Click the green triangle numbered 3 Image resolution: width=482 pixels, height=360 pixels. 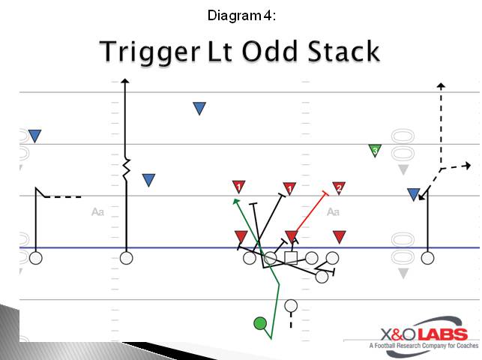(x=375, y=151)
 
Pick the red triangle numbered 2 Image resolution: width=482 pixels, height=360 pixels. (x=339, y=187)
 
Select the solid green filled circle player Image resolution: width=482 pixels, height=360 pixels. (x=260, y=323)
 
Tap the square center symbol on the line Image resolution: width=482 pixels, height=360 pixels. (x=291, y=258)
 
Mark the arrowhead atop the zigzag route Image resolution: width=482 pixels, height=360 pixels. (x=126, y=80)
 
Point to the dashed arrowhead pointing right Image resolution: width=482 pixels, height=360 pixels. (x=467, y=165)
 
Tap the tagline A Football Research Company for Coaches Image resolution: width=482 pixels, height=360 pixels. (x=423, y=346)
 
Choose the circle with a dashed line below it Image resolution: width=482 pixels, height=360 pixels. (x=291, y=306)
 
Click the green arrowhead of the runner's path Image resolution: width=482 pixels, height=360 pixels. (x=236, y=201)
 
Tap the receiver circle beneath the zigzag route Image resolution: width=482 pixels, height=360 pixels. (x=126, y=258)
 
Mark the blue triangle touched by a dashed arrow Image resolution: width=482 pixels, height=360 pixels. (x=413, y=194)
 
